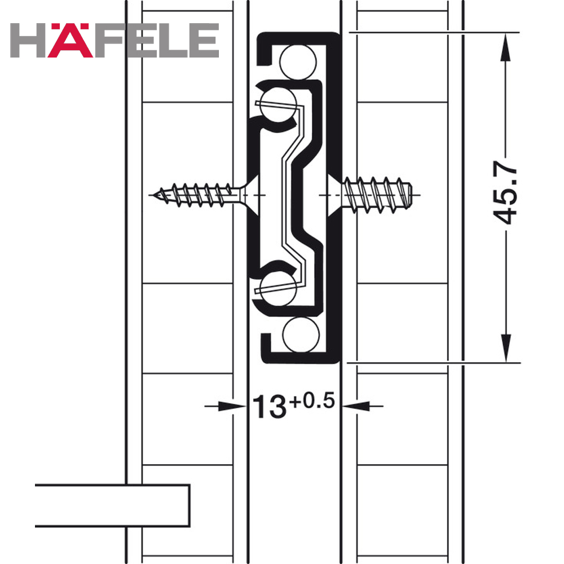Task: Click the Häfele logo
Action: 114,40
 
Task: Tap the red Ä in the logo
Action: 70,40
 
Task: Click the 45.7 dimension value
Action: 505,192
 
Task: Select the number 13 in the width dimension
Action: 270,407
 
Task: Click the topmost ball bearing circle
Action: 298,62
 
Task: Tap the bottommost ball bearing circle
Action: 301,335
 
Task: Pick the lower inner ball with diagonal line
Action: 278,288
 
